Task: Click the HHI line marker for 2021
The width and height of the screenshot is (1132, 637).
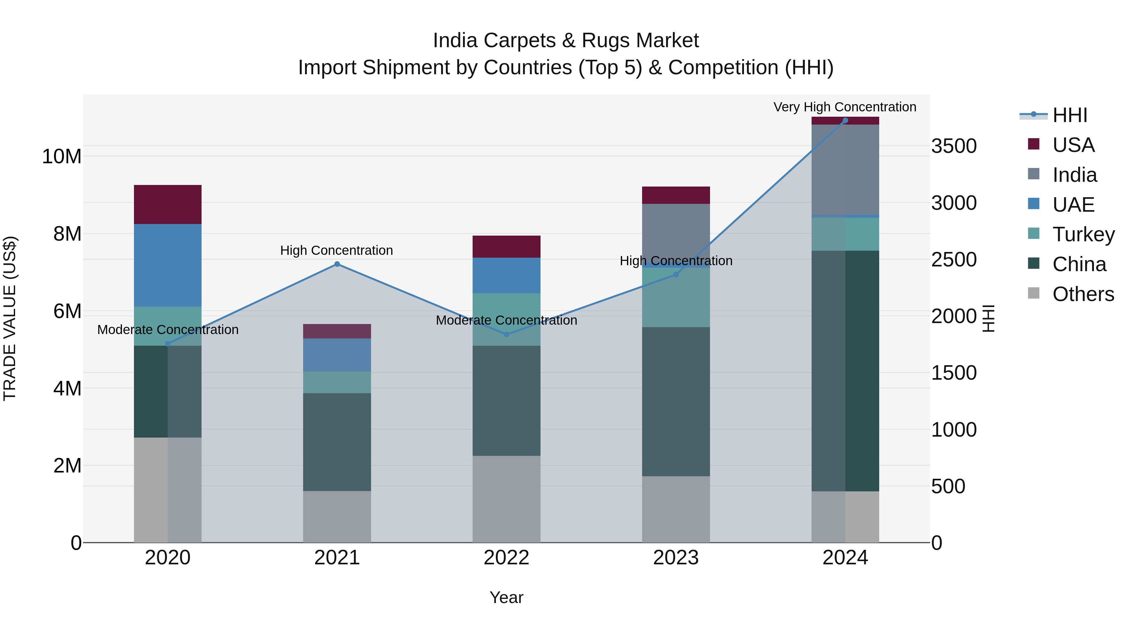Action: [x=337, y=264]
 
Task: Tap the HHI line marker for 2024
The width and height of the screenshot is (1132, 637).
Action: [x=845, y=120]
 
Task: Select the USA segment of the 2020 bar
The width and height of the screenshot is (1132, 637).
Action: [x=167, y=204]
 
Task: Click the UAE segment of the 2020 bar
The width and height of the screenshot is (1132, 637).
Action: [x=167, y=265]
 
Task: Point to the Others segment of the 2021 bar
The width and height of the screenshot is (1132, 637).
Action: [x=337, y=517]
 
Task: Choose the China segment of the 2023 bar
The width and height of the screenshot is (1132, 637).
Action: [x=676, y=401]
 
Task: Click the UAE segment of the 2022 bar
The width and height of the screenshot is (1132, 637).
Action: [x=506, y=275]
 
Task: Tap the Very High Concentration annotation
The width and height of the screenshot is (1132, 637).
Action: [x=845, y=107]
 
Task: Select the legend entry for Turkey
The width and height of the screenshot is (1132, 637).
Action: [x=1083, y=234]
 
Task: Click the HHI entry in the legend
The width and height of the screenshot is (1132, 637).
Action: [x=1070, y=115]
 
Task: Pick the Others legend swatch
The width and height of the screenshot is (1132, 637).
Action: [x=1034, y=293]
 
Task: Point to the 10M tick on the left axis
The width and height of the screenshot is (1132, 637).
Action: [x=62, y=157]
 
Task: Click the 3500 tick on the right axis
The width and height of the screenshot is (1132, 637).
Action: [x=954, y=146]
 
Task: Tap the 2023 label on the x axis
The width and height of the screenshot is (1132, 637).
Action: [x=676, y=558]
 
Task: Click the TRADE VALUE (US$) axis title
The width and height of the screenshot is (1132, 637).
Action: [x=10, y=318]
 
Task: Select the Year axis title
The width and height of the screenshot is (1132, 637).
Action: [x=506, y=597]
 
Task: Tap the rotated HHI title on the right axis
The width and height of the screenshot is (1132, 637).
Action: [x=988, y=318]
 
